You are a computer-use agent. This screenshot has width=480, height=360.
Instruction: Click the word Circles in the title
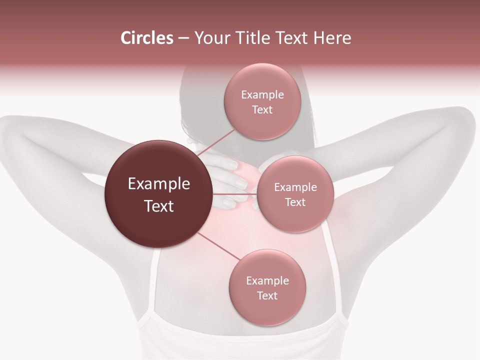pyautogui.click(x=146, y=38)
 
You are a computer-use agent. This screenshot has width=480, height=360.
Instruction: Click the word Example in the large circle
pyautogui.click(x=159, y=184)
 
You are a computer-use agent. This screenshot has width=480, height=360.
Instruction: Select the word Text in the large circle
pyautogui.click(x=159, y=206)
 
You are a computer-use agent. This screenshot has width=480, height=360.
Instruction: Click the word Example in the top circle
pyautogui.click(x=262, y=95)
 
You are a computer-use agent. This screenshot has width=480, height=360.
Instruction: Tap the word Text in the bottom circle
pyautogui.click(x=267, y=295)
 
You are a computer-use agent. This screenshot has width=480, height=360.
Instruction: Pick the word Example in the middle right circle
pyautogui.click(x=295, y=187)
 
